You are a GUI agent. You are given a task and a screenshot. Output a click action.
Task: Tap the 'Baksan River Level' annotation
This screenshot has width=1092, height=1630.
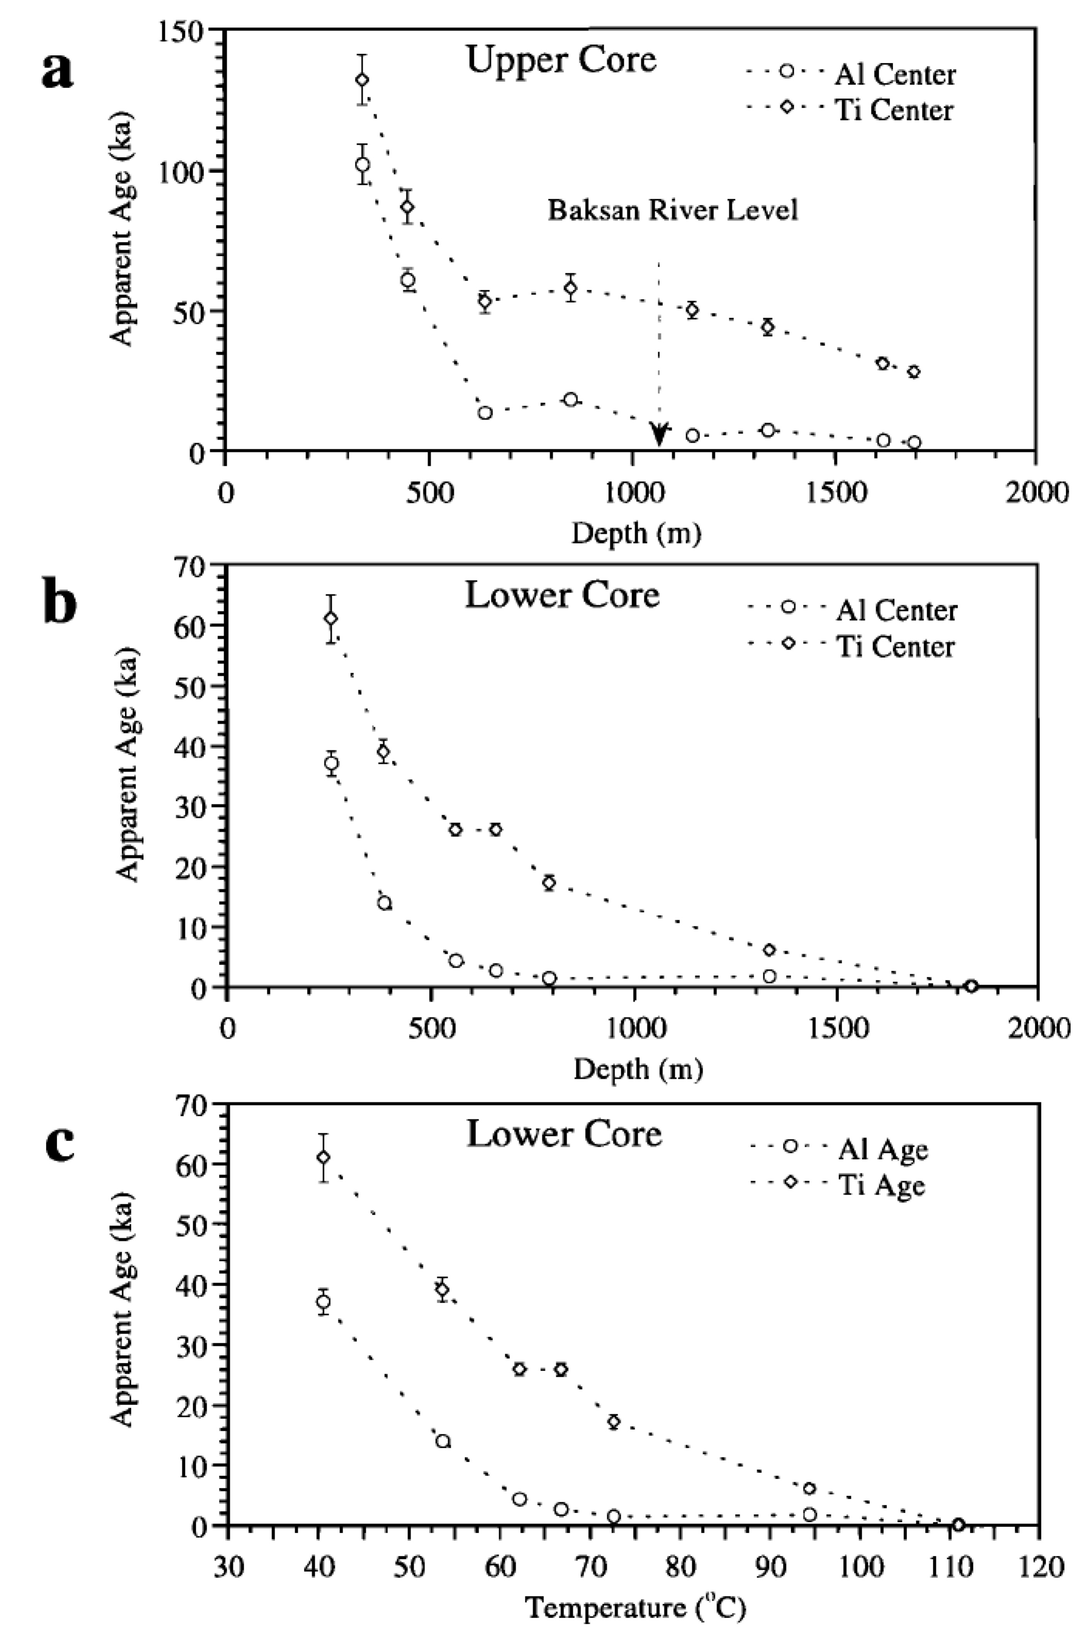[672, 210]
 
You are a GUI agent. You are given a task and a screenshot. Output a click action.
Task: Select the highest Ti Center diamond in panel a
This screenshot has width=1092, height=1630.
[362, 79]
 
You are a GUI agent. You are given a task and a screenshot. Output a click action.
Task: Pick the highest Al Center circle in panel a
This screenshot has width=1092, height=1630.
[362, 164]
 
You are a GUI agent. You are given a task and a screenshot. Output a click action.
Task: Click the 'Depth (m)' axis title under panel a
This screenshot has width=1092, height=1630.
[636, 534]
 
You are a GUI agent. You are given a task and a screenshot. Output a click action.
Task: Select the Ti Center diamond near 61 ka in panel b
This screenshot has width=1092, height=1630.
[331, 618]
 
